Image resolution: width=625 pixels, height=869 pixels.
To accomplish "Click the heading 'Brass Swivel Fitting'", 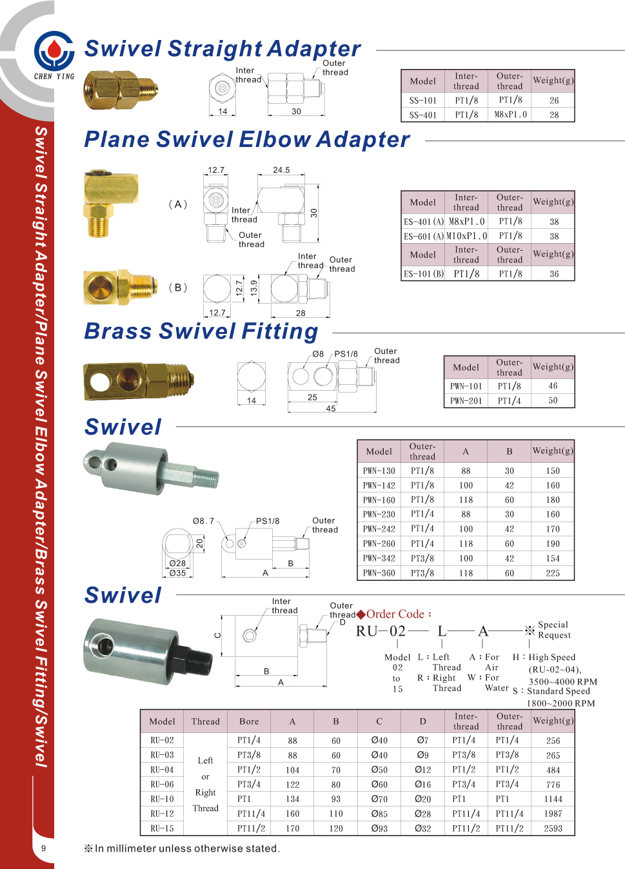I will (x=201, y=331).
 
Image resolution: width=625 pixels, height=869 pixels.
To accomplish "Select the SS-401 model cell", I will (x=422, y=115).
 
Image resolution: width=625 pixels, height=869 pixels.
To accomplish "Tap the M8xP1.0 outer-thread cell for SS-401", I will (x=510, y=115).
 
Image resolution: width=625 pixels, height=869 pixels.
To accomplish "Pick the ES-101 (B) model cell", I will (x=423, y=274).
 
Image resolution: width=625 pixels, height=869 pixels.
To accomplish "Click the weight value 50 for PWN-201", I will (x=553, y=400).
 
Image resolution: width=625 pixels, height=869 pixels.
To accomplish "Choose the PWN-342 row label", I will (x=379, y=558).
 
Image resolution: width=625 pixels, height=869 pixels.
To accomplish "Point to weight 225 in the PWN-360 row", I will (x=553, y=573).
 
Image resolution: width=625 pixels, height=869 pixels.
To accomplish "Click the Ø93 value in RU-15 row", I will (x=379, y=828).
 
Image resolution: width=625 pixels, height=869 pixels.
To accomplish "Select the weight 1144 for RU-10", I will (x=553, y=799).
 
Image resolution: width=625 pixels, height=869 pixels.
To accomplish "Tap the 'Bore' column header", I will (x=249, y=721).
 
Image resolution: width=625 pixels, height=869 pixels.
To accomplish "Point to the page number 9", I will (x=44, y=848).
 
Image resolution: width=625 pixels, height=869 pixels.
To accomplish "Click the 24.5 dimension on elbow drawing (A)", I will (x=281, y=170).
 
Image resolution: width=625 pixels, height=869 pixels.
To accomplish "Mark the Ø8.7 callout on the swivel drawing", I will (x=203, y=521).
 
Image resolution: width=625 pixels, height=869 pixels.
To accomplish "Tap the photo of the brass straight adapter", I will (x=120, y=91).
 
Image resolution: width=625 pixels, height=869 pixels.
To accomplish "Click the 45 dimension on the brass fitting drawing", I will (x=331, y=409).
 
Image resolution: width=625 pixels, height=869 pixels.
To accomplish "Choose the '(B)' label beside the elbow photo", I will (x=177, y=288).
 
